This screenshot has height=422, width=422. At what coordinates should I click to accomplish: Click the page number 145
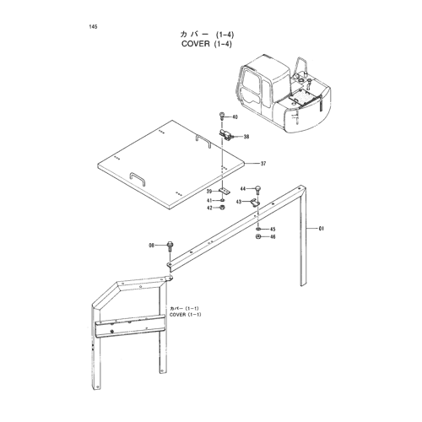pyautogui.click(x=93, y=27)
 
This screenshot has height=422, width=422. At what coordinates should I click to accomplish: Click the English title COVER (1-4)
pyautogui.click(x=207, y=44)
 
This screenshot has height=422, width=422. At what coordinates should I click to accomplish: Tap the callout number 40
pyautogui.click(x=235, y=117)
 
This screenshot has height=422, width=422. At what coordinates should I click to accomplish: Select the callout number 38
pyautogui.click(x=246, y=137)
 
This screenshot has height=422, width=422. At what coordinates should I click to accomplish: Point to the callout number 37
pyautogui.click(x=263, y=164)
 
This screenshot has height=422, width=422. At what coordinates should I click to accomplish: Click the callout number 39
pyautogui.click(x=209, y=192)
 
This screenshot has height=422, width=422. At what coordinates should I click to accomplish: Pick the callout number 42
pyautogui.click(x=209, y=208)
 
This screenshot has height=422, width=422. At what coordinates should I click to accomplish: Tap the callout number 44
pyautogui.click(x=243, y=188)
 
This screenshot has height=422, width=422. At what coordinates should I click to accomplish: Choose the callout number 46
pyautogui.click(x=273, y=237)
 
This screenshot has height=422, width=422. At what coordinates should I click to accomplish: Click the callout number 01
pyautogui.click(x=322, y=229)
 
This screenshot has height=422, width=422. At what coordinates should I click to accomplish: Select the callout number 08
pyautogui.click(x=152, y=246)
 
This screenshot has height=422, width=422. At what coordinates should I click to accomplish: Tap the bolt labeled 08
pyautogui.click(x=170, y=246)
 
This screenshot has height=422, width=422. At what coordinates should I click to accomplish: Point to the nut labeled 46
pyautogui.click(x=258, y=236)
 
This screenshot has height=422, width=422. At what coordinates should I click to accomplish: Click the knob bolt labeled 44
pyautogui.click(x=257, y=191)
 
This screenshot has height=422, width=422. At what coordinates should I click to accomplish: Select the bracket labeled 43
pyautogui.click(x=255, y=203)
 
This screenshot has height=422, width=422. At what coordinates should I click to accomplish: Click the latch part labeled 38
pyautogui.click(x=225, y=134)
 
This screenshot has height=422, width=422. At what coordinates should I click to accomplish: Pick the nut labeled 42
pyautogui.click(x=222, y=208)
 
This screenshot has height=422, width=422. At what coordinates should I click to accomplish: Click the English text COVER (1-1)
pyautogui.click(x=186, y=315)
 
